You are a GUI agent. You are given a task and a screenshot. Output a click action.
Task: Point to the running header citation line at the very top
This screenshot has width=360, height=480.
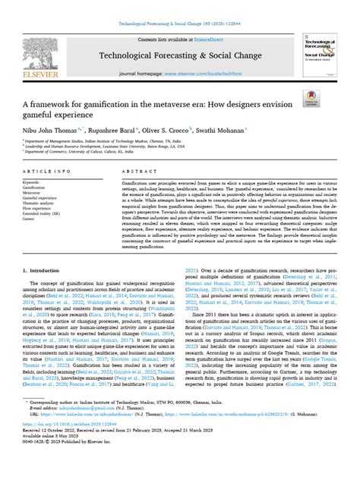point(179,5)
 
